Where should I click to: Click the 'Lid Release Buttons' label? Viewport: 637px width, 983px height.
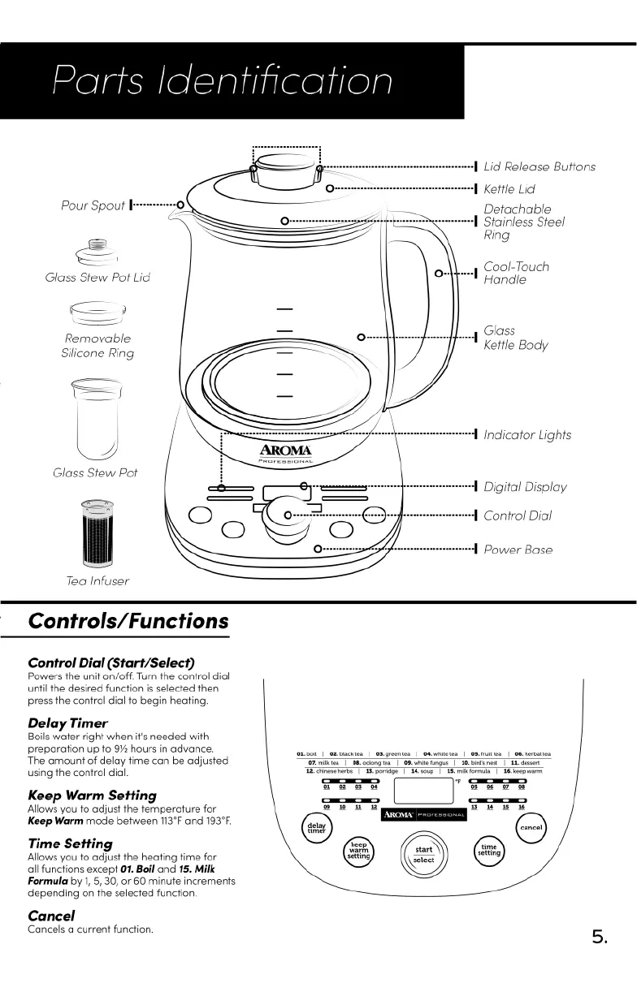539,167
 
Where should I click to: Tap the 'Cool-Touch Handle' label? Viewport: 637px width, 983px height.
516,273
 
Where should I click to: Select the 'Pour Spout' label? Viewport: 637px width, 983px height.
93,205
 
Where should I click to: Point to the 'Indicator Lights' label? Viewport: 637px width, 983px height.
527,435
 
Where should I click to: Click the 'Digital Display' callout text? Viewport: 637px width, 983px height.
525,487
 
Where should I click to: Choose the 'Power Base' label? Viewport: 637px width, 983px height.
518,550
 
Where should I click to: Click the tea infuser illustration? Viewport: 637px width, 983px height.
97,532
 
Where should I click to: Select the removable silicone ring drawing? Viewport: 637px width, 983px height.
97,310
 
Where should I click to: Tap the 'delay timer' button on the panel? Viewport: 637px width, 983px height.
314,827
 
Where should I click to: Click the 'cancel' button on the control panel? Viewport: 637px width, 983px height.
531,827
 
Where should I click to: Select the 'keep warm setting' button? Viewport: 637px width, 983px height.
358,850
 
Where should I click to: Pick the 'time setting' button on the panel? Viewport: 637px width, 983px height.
488,850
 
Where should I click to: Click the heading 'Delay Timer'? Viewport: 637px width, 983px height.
67,722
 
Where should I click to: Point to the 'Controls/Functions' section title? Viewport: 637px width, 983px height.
128,622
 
